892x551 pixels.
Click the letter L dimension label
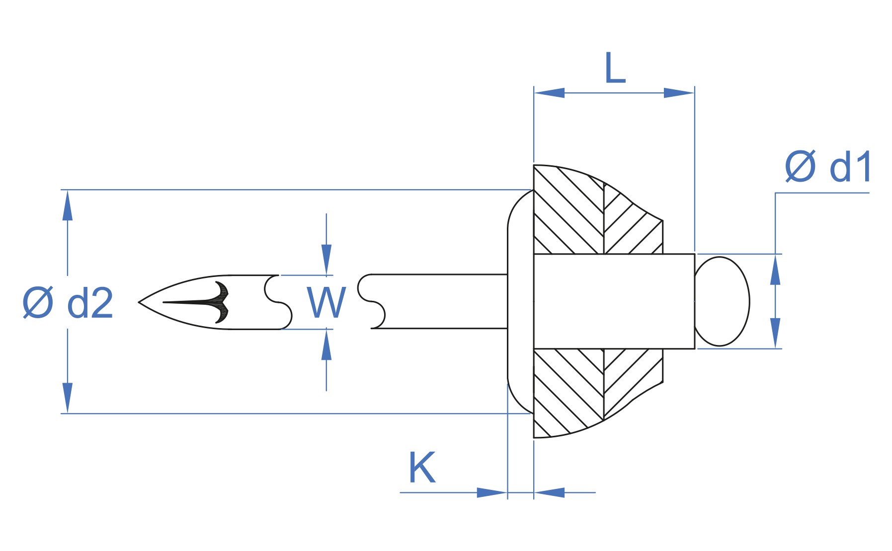pyautogui.click(x=615, y=68)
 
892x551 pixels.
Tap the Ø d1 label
pyautogui.click(x=828, y=166)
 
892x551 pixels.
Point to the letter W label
pyautogui.click(x=326, y=302)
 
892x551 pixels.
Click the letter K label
pyautogui.click(x=422, y=467)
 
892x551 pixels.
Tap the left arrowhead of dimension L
pyautogui.click(x=549, y=93)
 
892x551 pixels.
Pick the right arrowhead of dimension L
pyautogui.click(x=679, y=93)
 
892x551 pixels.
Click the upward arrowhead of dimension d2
pyautogui.click(x=68, y=205)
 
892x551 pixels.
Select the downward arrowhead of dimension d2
pyautogui.click(x=68, y=398)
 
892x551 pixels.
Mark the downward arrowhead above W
pyautogui.click(x=326, y=260)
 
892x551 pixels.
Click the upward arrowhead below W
pyautogui.click(x=326, y=344)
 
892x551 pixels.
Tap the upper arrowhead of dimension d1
pyautogui.click(x=775, y=270)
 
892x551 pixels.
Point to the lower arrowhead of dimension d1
pyautogui.click(x=775, y=333)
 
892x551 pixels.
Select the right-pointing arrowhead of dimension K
pyautogui.click(x=492, y=492)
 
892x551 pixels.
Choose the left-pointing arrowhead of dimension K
pyautogui.click(x=549, y=492)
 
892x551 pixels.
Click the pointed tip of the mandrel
pyautogui.click(x=139, y=302)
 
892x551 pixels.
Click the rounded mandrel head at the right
pyautogui.click(x=722, y=301)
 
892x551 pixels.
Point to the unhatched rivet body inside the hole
pyautogui.click(x=614, y=301)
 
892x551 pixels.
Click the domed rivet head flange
pyautogui.click(x=520, y=301)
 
